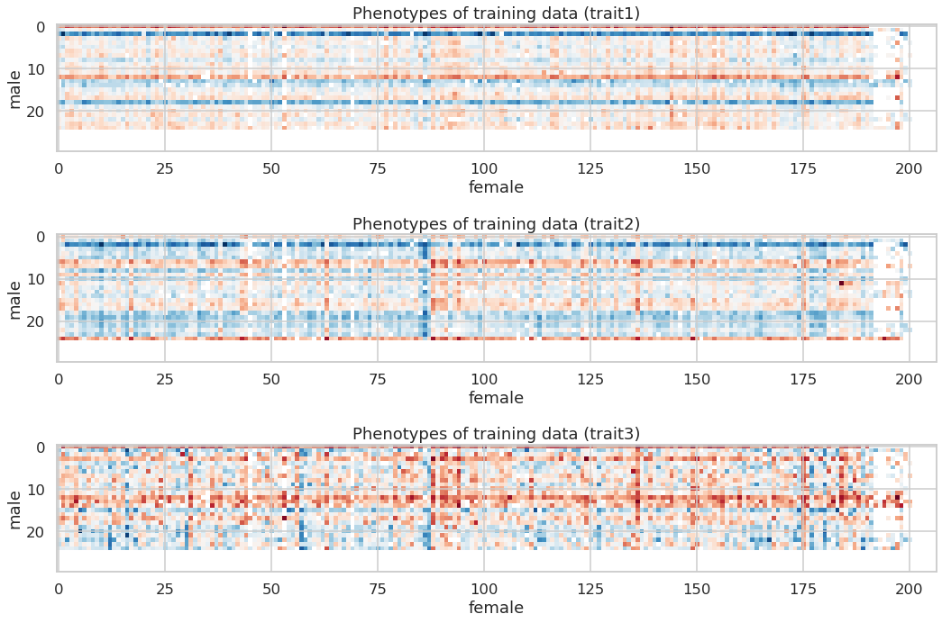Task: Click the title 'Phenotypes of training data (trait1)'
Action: click(496, 14)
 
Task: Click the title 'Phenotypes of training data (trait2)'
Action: click(496, 223)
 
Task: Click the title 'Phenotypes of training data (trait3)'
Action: click(496, 434)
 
